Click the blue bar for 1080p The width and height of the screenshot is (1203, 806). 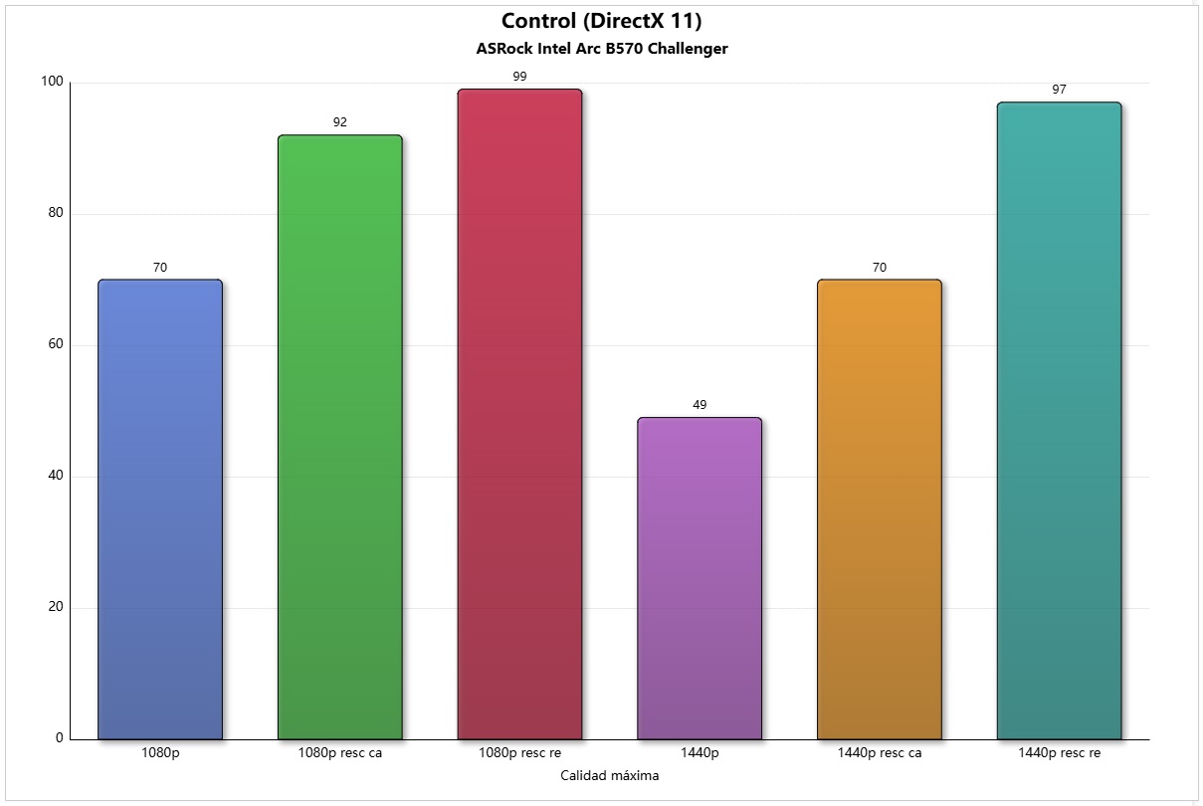(x=160, y=508)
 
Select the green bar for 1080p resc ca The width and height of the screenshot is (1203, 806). (x=340, y=437)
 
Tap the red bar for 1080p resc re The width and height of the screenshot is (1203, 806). (x=519, y=414)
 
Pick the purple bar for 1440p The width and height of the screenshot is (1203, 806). (x=700, y=578)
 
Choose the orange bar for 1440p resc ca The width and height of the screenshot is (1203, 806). (x=879, y=508)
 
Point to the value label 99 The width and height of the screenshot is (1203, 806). (x=519, y=77)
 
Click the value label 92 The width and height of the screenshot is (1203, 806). (x=340, y=122)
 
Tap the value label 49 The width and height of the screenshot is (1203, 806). (x=700, y=405)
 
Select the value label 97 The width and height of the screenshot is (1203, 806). (x=1059, y=90)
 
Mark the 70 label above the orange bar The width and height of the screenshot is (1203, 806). (x=879, y=268)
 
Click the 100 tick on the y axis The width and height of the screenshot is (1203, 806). (x=52, y=83)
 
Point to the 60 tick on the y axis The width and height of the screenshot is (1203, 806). (x=55, y=344)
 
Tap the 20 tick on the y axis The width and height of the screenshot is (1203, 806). (x=55, y=607)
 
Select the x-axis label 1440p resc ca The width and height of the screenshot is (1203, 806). (x=879, y=753)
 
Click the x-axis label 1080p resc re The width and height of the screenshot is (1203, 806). (x=519, y=753)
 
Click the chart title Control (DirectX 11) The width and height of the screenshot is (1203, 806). (x=601, y=21)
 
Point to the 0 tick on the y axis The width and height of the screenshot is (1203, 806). (x=59, y=738)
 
